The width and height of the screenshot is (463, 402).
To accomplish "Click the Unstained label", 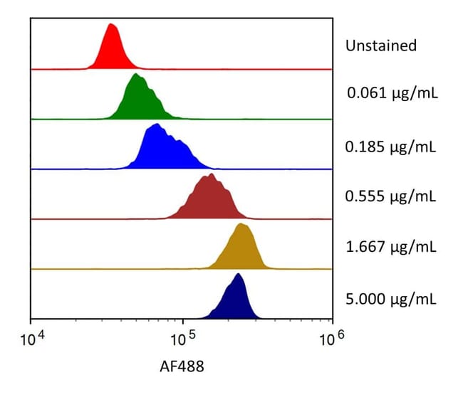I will tap(381, 46).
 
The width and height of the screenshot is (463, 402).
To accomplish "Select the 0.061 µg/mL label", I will tap(392, 92).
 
